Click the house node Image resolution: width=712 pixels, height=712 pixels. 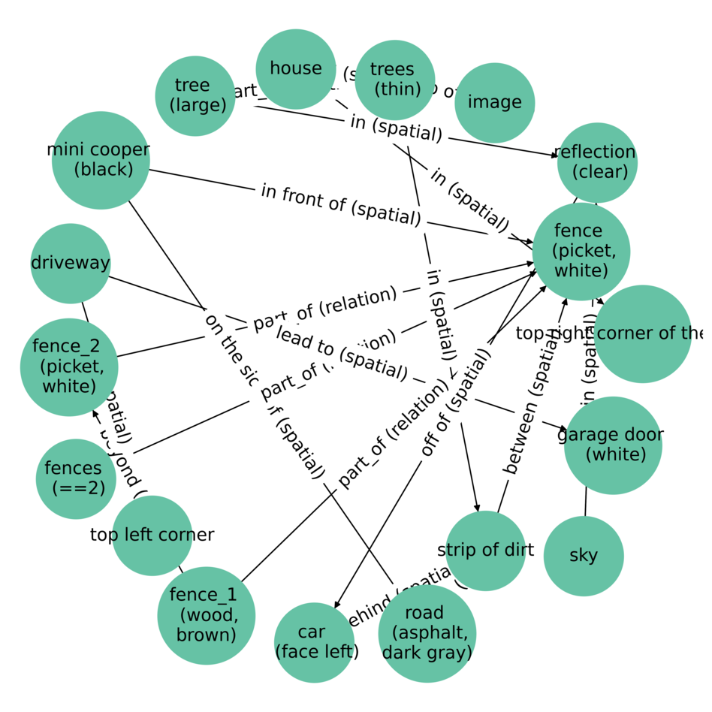(x=296, y=69)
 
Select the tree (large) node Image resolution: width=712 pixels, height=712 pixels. (x=195, y=96)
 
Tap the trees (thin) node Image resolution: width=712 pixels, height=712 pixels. (x=395, y=80)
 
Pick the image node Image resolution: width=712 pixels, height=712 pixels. (x=494, y=103)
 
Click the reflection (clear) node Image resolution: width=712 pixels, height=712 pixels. (x=597, y=162)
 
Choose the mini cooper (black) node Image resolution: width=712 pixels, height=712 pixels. (x=101, y=160)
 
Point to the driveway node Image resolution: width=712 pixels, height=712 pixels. (x=71, y=264)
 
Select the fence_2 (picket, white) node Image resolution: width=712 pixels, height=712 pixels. (x=69, y=367)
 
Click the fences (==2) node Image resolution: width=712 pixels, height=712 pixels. (x=76, y=479)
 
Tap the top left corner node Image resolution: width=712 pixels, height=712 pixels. (x=152, y=536)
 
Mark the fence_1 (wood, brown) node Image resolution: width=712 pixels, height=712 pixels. (x=206, y=615)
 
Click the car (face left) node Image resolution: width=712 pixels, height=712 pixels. (x=314, y=642)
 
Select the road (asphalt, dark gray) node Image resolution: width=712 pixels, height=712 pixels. (x=427, y=633)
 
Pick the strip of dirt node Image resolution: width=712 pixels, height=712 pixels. (x=485, y=551)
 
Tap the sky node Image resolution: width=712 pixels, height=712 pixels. (x=584, y=556)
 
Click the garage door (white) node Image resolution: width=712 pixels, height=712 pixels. (x=613, y=445)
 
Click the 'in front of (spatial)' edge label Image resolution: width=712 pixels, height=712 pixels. (x=340, y=204)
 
